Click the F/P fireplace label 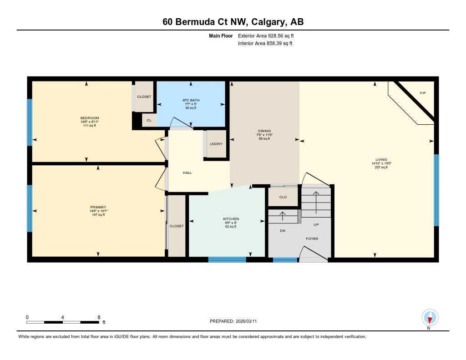[422, 93]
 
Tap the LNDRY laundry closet [216, 144]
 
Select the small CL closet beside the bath [148, 120]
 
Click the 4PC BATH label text [191, 100]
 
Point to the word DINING [264, 131]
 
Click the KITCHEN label [231, 219]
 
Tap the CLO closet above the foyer [283, 197]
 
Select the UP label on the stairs [316, 225]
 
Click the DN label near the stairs [282, 231]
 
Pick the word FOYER [312, 238]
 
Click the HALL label [187, 173]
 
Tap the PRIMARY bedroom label [98, 207]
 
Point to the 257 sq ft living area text [381, 167]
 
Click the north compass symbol [430, 317]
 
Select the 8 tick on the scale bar [99, 317]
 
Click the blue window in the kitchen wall [227, 260]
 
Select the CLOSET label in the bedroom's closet [144, 96]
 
